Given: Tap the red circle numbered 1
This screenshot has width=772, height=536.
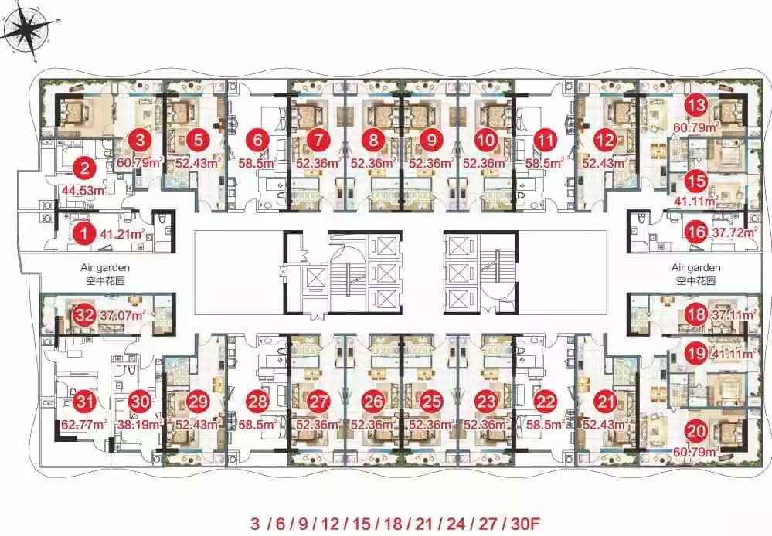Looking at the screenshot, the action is (85, 232).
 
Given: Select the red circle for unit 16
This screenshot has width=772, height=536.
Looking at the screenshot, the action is (696, 232).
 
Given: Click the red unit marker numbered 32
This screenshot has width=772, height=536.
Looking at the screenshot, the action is (85, 314).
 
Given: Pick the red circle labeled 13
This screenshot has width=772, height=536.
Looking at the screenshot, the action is (696, 105).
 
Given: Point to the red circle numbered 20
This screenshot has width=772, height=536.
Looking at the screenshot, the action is (696, 432).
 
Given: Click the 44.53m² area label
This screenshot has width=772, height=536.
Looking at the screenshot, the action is (83, 189).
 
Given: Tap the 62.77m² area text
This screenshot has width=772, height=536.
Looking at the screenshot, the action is (84, 424).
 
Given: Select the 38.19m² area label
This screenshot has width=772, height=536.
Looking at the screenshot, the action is (139, 424).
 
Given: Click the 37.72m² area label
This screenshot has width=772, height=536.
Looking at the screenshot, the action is (735, 232).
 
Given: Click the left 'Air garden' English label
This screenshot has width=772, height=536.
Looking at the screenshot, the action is (105, 268).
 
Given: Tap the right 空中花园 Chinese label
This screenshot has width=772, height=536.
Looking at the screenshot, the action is (695, 281).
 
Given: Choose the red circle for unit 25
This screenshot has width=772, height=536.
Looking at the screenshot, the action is (430, 401).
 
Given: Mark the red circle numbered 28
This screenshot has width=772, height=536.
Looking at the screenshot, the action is (257, 401).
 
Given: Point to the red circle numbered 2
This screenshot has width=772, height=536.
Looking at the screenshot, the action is (85, 169).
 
